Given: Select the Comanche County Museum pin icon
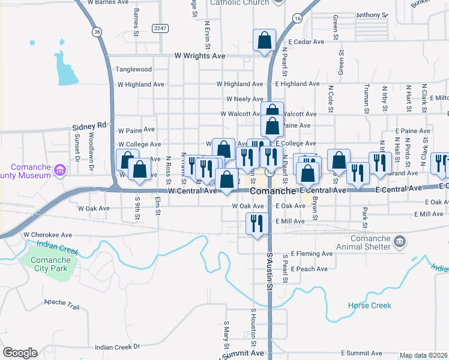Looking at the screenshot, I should (x=59, y=170).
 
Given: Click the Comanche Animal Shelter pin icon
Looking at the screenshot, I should (x=400, y=242).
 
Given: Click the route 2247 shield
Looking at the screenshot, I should (x=160, y=28).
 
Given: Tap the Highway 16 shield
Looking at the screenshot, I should (x=297, y=19).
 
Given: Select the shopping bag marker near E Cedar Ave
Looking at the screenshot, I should (x=264, y=41).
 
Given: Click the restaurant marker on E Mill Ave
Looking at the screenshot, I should (x=258, y=224).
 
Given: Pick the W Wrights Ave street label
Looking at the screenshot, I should (x=200, y=56).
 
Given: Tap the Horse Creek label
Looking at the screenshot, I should (x=369, y=305).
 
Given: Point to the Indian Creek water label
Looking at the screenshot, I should (x=57, y=247).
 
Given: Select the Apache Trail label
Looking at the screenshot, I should (x=62, y=304).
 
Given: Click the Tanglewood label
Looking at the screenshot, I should (x=134, y=70).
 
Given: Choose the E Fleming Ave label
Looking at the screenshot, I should (x=312, y=254).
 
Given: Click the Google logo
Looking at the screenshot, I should (x=20, y=353).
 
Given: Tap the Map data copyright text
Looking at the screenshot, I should (x=424, y=355).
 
